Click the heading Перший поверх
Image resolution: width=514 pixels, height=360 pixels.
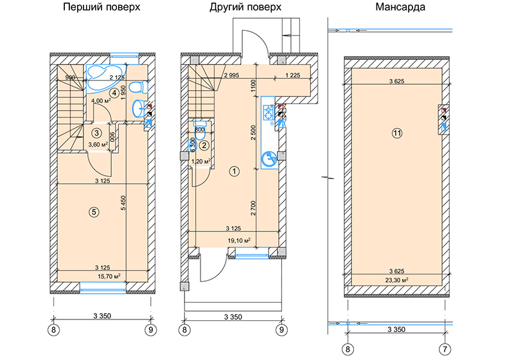[x=102, y=7]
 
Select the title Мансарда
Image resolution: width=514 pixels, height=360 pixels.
[x=400, y=7]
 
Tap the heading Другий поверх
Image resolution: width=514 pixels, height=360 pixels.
[x=245, y=7]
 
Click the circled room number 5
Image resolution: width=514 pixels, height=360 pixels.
[x=94, y=212]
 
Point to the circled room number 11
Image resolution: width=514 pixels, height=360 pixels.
[x=397, y=133]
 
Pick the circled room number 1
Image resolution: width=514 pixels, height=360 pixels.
[x=235, y=171]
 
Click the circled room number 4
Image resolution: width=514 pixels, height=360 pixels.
[x=114, y=93]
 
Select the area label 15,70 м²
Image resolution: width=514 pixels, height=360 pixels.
[x=109, y=276]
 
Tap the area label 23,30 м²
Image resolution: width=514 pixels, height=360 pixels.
[x=396, y=280]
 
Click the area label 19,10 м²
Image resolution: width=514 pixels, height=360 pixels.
[x=239, y=240]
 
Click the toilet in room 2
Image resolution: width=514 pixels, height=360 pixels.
[x=200, y=125]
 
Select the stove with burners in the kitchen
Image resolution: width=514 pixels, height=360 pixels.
[x=269, y=112]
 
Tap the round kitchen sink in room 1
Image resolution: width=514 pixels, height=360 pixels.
[x=269, y=158]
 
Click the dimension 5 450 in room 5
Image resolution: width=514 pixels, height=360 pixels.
[x=123, y=203]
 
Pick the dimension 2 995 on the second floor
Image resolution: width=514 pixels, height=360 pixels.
[x=232, y=75]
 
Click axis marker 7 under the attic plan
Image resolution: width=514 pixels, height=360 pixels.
[x=445, y=349]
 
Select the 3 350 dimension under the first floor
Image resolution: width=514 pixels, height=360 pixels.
[x=102, y=316]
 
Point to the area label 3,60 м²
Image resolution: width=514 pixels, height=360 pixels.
[x=98, y=144]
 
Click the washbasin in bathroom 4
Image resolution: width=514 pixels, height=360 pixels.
[x=139, y=108]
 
